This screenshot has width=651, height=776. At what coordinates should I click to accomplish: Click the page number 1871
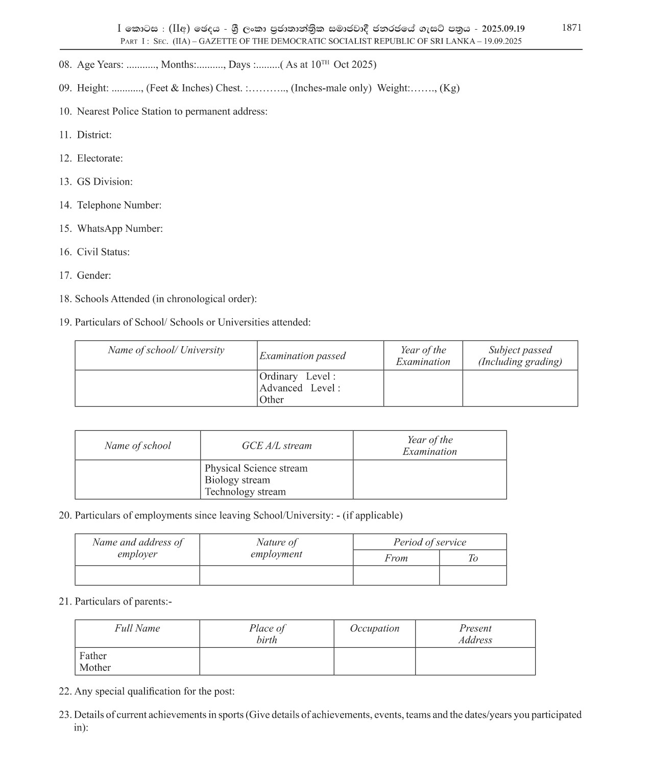(571, 28)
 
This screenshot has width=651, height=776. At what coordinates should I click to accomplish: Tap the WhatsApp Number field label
(119, 229)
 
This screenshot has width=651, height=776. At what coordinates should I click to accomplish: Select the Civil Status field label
(103, 252)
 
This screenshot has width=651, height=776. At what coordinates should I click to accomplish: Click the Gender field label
(93, 276)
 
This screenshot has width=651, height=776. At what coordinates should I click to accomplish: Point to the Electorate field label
(100, 158)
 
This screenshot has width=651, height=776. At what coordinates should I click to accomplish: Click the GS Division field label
(104, 182)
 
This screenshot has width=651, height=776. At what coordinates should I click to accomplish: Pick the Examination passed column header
(302, 356)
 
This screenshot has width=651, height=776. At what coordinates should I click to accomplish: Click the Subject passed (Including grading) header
(520, 356)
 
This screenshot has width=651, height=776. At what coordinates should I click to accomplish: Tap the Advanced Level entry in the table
(300, 388)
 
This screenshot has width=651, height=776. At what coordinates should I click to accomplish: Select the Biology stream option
(237, 480)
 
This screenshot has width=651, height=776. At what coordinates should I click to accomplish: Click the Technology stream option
(245, 492)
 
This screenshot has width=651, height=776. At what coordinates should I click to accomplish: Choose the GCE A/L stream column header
(277, 446)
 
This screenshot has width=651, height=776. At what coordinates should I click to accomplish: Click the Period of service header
(429, 542)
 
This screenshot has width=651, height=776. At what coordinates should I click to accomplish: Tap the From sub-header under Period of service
(396, 558)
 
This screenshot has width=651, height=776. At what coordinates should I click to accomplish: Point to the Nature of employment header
(276, 548)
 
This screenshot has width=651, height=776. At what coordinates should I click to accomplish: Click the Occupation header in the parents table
(374, 628)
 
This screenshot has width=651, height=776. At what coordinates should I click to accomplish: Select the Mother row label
(95, 668)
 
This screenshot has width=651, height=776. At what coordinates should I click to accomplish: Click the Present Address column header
(475, 634)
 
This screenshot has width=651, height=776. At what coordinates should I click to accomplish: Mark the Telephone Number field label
(119, 205)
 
